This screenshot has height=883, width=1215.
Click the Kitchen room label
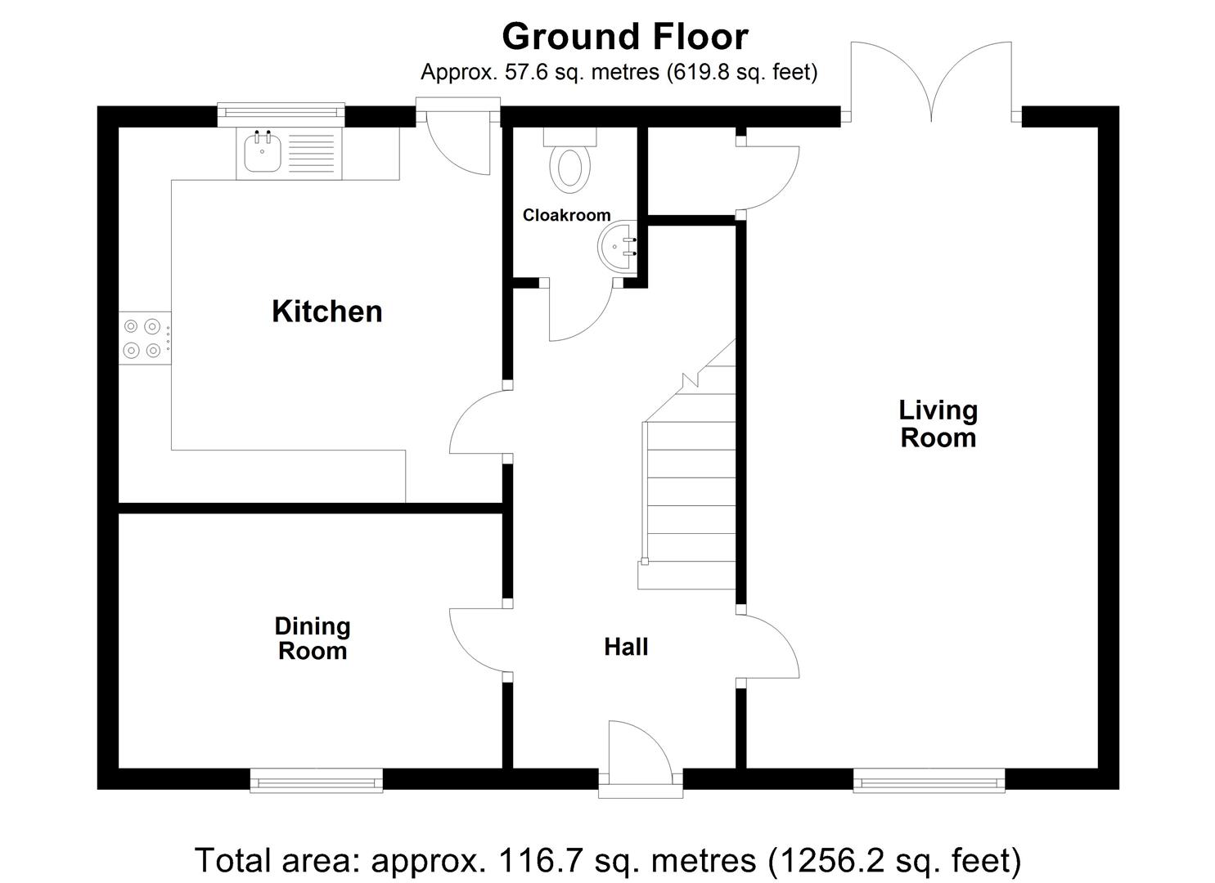point(327,312)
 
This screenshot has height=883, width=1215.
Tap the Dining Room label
point(313,639)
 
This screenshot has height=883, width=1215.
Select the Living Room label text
point(938,424)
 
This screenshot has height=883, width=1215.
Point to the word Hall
point(626,647)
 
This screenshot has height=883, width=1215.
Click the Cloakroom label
point(566,215)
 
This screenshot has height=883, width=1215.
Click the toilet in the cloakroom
point(569,160)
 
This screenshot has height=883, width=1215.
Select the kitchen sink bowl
point(263,151)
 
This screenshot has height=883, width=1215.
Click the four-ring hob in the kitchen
point(144,338)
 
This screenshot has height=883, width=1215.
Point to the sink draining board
point(312,153)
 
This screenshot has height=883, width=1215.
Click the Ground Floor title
point(625,37)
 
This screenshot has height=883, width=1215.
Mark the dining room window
point(316,782)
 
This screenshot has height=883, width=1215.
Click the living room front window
point(929,782)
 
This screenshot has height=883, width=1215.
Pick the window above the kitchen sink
point(281,114)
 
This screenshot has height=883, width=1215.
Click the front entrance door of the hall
point(641,759)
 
